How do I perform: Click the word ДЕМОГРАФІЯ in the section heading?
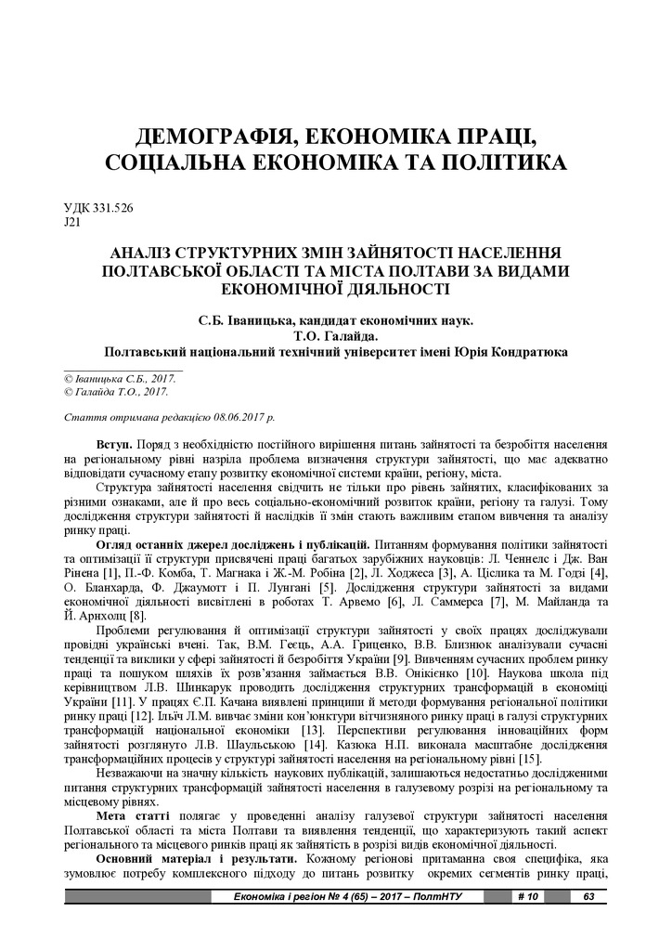tap(210, 138)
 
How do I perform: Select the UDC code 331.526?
tap(112, 209)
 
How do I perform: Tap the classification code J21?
tap(72, 224)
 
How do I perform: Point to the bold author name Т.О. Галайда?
tap(335, 336)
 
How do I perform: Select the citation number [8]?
tap(136, 616)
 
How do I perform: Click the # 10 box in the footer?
tap(526, 896)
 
